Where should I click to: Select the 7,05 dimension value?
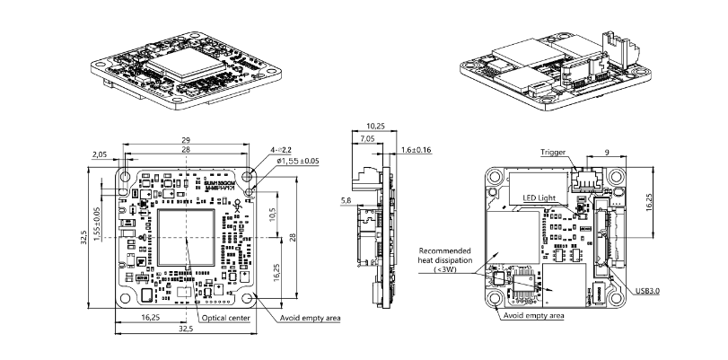click(x=366, y=140)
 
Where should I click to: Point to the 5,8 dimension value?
click(x=346, y=201)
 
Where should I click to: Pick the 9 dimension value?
click(x=607, y=154)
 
